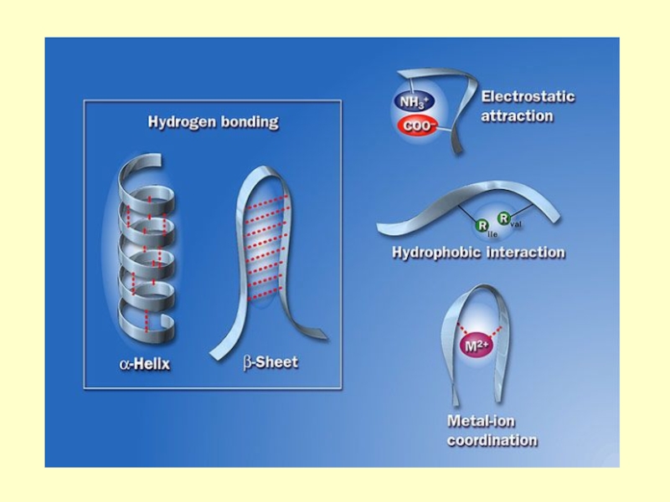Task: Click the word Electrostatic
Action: coord(528,96)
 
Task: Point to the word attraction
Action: coord(518,116)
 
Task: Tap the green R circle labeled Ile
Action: coord(482,223)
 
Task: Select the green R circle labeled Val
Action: coord(504,218)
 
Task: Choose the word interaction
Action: coord(525,252)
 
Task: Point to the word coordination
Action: coord(492,440)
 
